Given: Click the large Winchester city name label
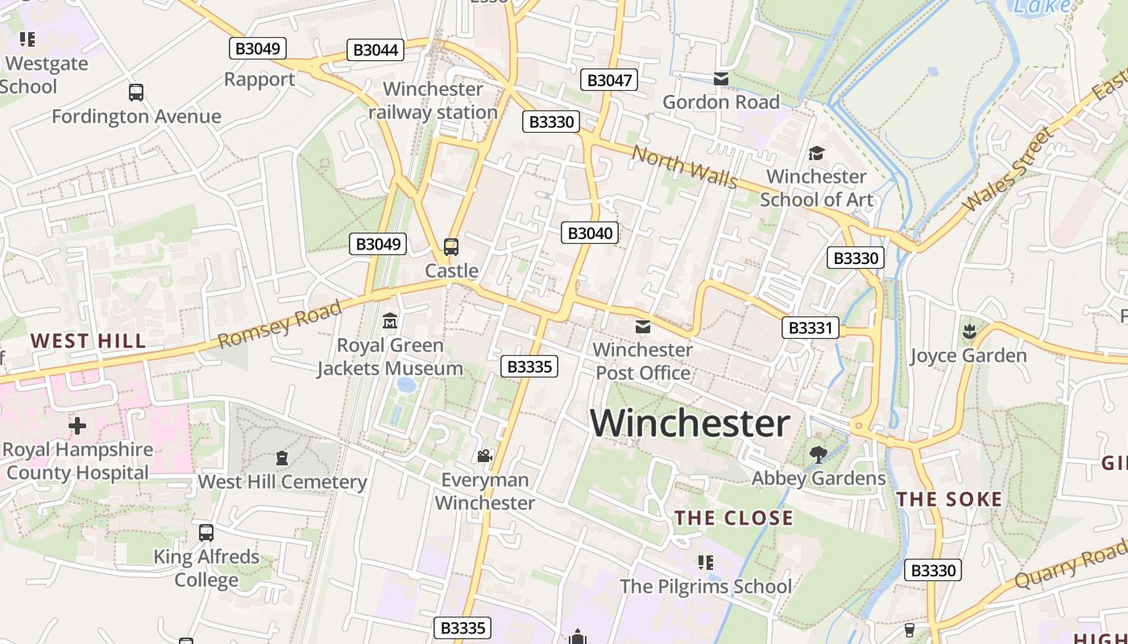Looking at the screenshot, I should (690, 423).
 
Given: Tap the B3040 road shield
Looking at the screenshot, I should (590, 233).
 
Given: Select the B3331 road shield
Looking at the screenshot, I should (811, 328).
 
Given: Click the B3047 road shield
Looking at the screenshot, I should (609, 80).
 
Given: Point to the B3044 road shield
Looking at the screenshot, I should (376, 50).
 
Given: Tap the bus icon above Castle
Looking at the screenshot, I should (451, 247).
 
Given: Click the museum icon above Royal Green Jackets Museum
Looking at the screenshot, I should (390, 321).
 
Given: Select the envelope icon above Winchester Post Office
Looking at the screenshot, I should (643, 326).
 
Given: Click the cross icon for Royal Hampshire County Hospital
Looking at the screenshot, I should (77, 424).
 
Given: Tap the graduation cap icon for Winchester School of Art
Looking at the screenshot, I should (816, 153).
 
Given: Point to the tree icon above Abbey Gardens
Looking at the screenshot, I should (819, 455).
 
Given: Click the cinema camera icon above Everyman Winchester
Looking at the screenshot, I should (484, 456).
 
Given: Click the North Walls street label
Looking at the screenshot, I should (684, 166).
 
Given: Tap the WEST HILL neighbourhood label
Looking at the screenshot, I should (89, 341).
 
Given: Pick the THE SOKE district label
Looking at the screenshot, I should (950, 499).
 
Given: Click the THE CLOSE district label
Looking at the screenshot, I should (733, 518).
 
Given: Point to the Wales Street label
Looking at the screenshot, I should (1007, 170).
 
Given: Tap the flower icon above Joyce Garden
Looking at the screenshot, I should (968, 331).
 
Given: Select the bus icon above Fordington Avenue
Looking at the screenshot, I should (136, 93).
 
